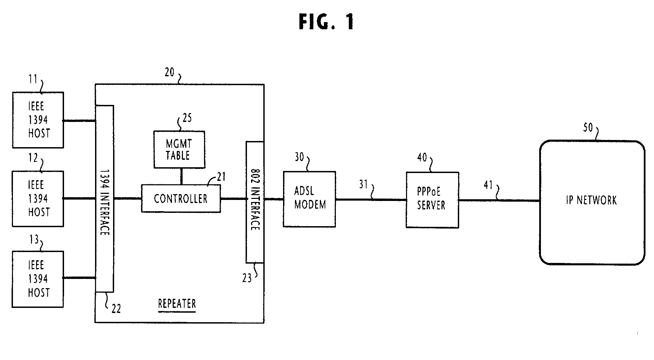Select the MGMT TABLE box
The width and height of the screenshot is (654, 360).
(179, 149)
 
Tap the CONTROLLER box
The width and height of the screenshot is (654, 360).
(181, 199)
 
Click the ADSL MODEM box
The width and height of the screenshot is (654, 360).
(309, 199)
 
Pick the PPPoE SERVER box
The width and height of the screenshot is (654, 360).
(432, 200)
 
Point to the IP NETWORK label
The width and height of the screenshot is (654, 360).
(591, 200)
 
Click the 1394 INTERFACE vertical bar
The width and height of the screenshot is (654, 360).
(104, 199)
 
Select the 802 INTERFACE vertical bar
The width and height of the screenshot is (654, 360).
(255, 202)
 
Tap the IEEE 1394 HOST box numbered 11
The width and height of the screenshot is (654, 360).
(38, 120)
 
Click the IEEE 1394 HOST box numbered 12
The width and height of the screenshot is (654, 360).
(38, 199)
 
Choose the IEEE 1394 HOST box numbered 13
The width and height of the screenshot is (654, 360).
(38, 279)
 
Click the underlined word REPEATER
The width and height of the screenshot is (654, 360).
(177, 303)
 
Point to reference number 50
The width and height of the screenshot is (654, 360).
(588, 128)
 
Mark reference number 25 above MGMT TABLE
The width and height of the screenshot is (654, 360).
(187, 118)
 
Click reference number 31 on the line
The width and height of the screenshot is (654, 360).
(363, 184)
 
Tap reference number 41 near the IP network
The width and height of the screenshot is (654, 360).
(488, 185)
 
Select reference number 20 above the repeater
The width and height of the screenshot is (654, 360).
(169, 72)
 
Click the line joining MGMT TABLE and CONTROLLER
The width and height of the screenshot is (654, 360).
(181, 176)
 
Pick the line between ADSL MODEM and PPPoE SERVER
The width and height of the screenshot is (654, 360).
(371, 200)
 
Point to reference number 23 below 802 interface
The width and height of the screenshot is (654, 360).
(247, 278)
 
